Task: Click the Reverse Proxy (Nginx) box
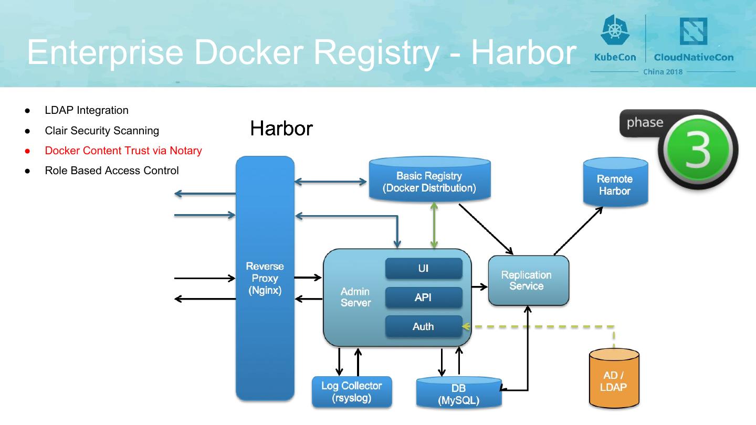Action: pyautogui.click(x=265, y=278)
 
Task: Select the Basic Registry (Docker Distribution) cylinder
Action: pyautogui.click(x=429, y=182)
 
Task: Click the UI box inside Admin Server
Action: pyautogui.click(x=423, y=269)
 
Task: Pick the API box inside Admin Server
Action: pyautogui.click(x=423, y=297)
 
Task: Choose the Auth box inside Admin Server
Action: pyautogui.click(x=423, y=326)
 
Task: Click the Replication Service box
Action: pyautogui.click(x=528, y=280)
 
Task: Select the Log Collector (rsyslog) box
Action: pyautogui.click(x=352, y=392)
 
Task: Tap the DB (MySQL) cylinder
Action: pyautogui.click(x=459, y=394)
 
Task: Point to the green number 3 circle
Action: pyautogui.click(x=698, y=149)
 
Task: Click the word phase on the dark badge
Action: pyautogui.click(x=645, y=123)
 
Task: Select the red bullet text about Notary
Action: pyautogui.click(x=123, y=151)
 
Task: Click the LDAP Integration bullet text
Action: pyautogui.click(x=87, y=110)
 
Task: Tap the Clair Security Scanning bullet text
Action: pyautogui.click(x=102, y=131)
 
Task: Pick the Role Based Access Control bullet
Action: pyautogui.click(x=112, y=171)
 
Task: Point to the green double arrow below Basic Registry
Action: pyautogui.click(x=434, y=226)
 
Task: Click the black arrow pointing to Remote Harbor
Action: pyautogui.click(x=578, y=231)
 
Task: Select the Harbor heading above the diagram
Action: pyautogui.click(x=281, y=129)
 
